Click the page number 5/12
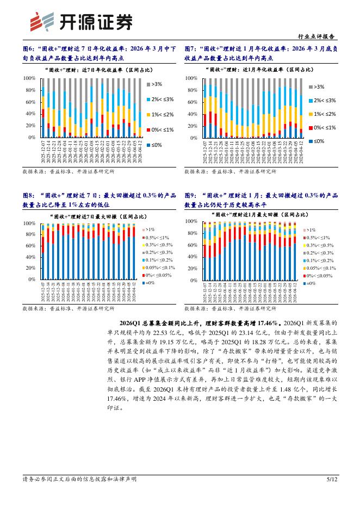tap(332, 479)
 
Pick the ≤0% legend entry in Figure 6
tap(156, 145)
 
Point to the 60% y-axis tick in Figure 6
tap(30, 102)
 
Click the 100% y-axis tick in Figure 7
tap(191, 78)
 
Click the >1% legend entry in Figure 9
tap(311, 230)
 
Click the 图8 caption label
tap(29, 195)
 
